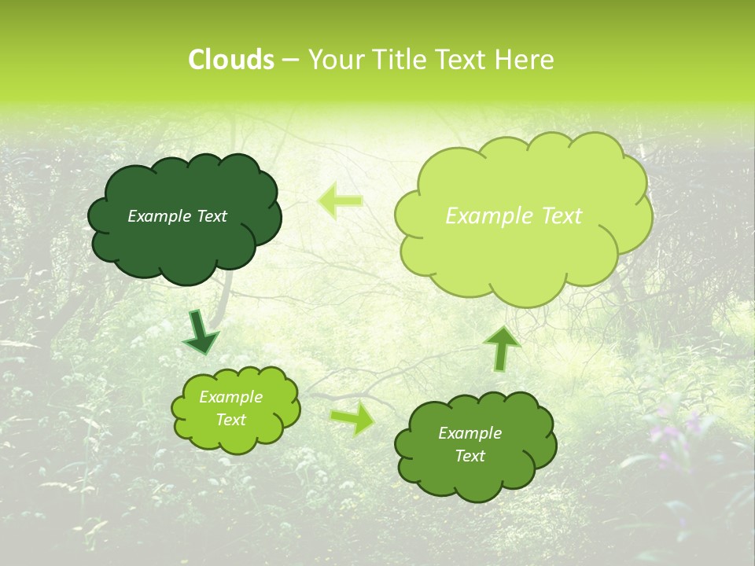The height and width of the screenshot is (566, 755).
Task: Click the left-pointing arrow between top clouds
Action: [x=340, y=200]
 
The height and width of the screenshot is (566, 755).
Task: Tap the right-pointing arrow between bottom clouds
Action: [x=352, y=418]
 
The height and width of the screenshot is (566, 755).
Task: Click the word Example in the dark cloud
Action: [x=159, y=216]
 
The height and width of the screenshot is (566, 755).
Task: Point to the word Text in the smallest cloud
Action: [x=230, y=420]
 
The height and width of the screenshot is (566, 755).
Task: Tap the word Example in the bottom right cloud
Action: [x=470, y=433]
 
